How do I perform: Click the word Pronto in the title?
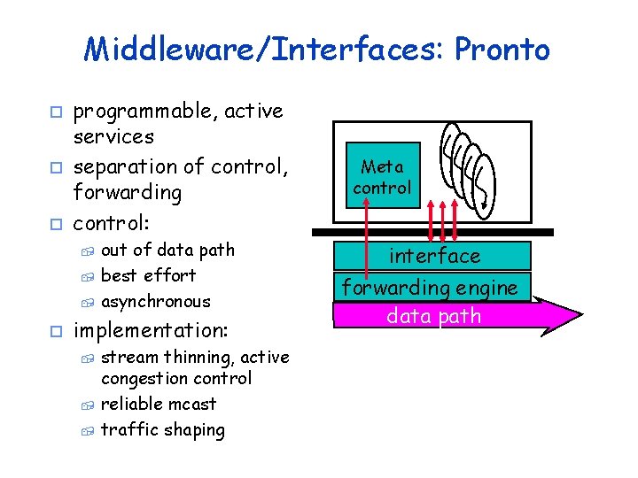click(x=502, y=50)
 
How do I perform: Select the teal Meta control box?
click(x=381, y=177)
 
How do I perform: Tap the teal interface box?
click(x=432, y=256)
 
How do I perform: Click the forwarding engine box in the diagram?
click(x=430, y=287)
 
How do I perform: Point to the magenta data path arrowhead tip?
click(x=580, y=315)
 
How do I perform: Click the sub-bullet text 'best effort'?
click(x=149, y=275)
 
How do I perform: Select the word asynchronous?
click(x=156, y=301)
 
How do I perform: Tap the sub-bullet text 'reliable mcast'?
click(x=159, y=404)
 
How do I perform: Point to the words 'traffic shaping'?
click(x=163, y=430)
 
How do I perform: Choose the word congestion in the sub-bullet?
click(x=144, y=379)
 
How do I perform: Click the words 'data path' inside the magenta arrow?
click(x=434, y=316)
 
